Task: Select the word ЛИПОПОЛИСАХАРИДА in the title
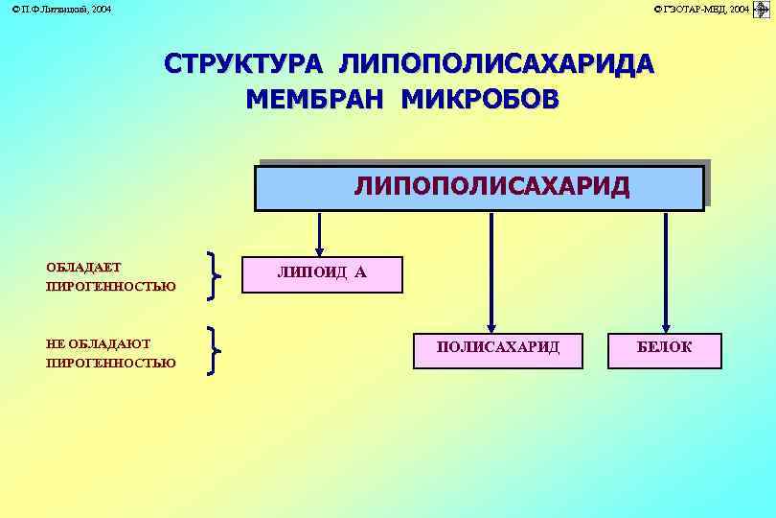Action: pyautogui.click(x=497, y=64)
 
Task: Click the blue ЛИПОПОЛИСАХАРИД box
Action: pyautogui.click(x=480, y=187)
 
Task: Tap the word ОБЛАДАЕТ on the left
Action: pyautogui.click(x=83, y=267)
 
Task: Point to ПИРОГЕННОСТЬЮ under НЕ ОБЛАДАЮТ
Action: pyautogui.click(x=110, y=363)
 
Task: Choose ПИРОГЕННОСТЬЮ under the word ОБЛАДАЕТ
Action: pyautogui.click(x=110, y=286)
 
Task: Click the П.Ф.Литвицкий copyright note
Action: pyautogui.click(x=60, y=9)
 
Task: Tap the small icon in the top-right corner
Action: pyautogui.click(x=763, y=10)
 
